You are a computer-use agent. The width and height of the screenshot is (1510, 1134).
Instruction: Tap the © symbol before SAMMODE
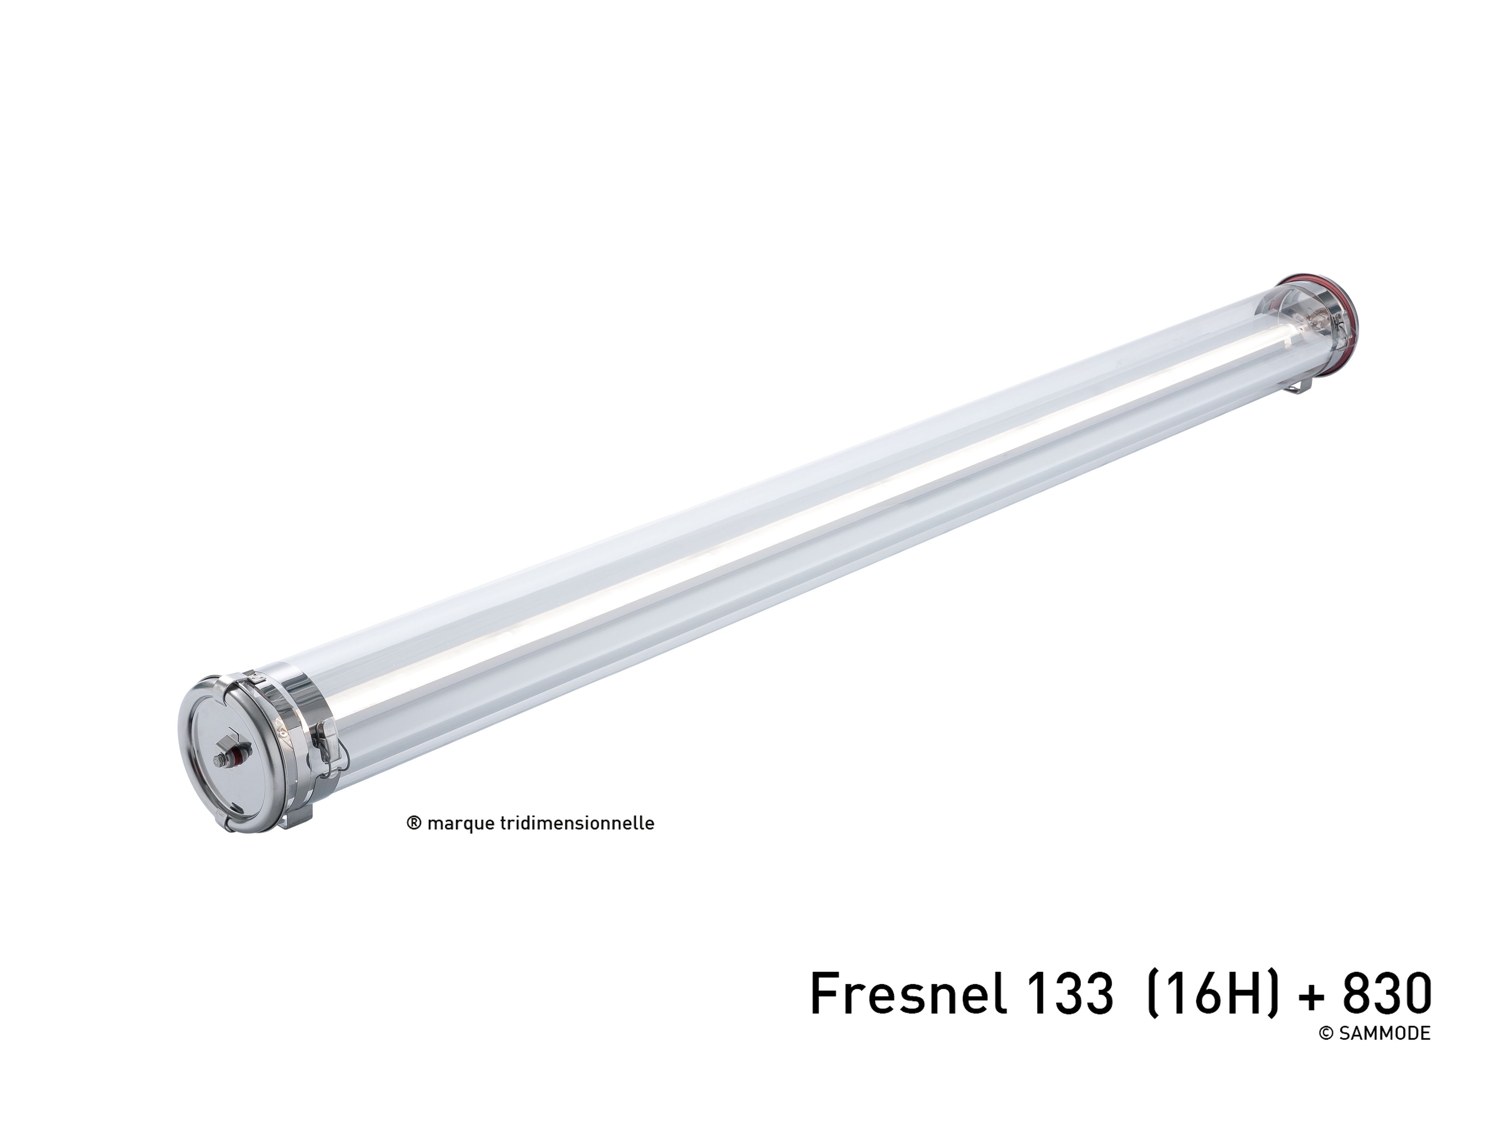click(x=1327, y=1034)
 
